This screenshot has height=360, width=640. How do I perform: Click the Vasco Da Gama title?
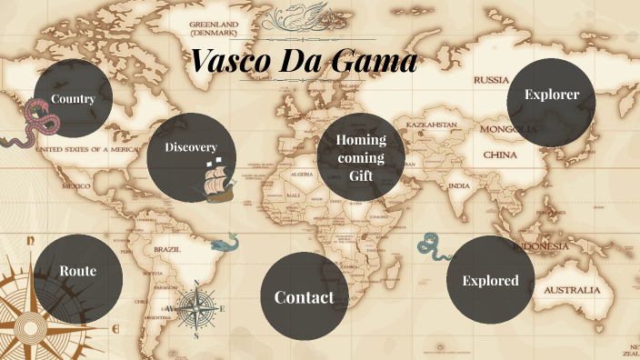[304, 61]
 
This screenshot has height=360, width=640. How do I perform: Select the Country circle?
[73, 98]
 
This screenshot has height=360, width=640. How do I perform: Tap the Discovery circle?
[191, 148]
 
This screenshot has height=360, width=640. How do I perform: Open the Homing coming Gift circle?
[361, 157]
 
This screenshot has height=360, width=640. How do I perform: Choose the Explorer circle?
[551, 95]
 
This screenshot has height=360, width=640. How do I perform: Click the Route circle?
[77, 271]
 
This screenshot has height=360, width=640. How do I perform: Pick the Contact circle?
[304, 297]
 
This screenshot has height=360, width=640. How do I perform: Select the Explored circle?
[490, 280]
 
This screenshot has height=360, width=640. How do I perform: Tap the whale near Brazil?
[224, 243]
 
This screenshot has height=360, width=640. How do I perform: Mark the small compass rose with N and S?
[196, 308]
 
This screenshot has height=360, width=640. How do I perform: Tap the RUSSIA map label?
[491, 80]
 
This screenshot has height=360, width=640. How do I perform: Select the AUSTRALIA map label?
[572, 290]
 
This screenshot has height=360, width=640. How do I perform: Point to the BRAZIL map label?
[166, 248]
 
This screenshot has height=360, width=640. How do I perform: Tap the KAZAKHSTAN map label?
[431, 123]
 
